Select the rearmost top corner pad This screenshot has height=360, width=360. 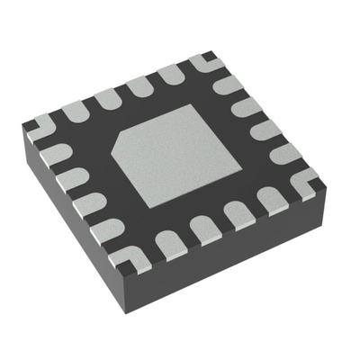(203, 62)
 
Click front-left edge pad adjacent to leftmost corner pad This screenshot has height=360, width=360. (54, 152)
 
